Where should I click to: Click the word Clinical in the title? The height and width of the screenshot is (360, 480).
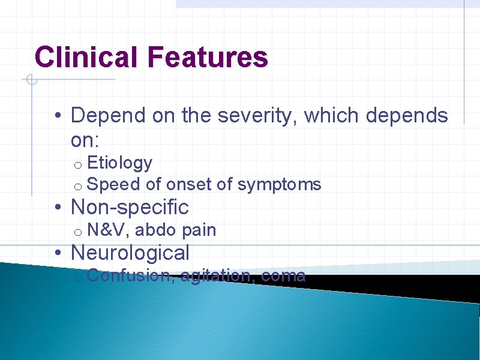[x=86, y=58]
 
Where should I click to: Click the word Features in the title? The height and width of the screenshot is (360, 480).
[x=206, y=58]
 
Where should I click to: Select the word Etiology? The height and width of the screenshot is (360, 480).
[x=119, y=163]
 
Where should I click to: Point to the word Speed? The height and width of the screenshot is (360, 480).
[x=113, y=184]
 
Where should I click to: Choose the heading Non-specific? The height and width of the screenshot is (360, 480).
[x=130, y=208]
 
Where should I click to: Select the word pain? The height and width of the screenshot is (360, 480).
[x=199, y=230]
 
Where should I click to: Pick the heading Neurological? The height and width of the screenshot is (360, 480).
[x=130, y=253]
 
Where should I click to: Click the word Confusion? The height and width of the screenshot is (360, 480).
[x=128, y=275]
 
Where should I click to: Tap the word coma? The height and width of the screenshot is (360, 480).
[x=283, y=275]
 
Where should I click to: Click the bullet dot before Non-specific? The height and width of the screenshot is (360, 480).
[x=56, y=208]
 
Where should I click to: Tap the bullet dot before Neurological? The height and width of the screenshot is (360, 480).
[x=56, y=253]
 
